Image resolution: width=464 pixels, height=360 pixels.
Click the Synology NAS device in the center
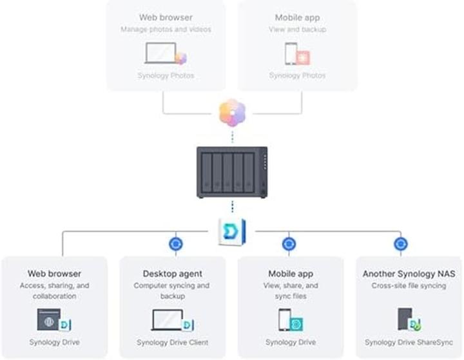pos(232,171)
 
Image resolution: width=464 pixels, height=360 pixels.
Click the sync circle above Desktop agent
pos(175,244)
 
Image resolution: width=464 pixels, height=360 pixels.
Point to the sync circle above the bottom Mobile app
pos(289,244)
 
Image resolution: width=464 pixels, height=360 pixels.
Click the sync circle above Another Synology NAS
pos(401,244)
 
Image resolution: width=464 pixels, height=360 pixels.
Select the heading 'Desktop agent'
pos(173,274)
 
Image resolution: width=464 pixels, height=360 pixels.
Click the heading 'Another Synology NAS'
pos(409,274)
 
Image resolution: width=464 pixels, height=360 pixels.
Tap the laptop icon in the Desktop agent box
pos(169,320)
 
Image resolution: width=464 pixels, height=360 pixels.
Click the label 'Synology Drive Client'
pos(173,343)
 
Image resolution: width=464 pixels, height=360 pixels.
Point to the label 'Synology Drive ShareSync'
pos(409,343)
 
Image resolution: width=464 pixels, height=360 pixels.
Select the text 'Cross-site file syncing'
pos(409,285)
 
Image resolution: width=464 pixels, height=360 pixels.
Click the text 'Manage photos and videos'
pos(166,29)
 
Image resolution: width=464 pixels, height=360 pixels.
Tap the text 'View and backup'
pos(297,29)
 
